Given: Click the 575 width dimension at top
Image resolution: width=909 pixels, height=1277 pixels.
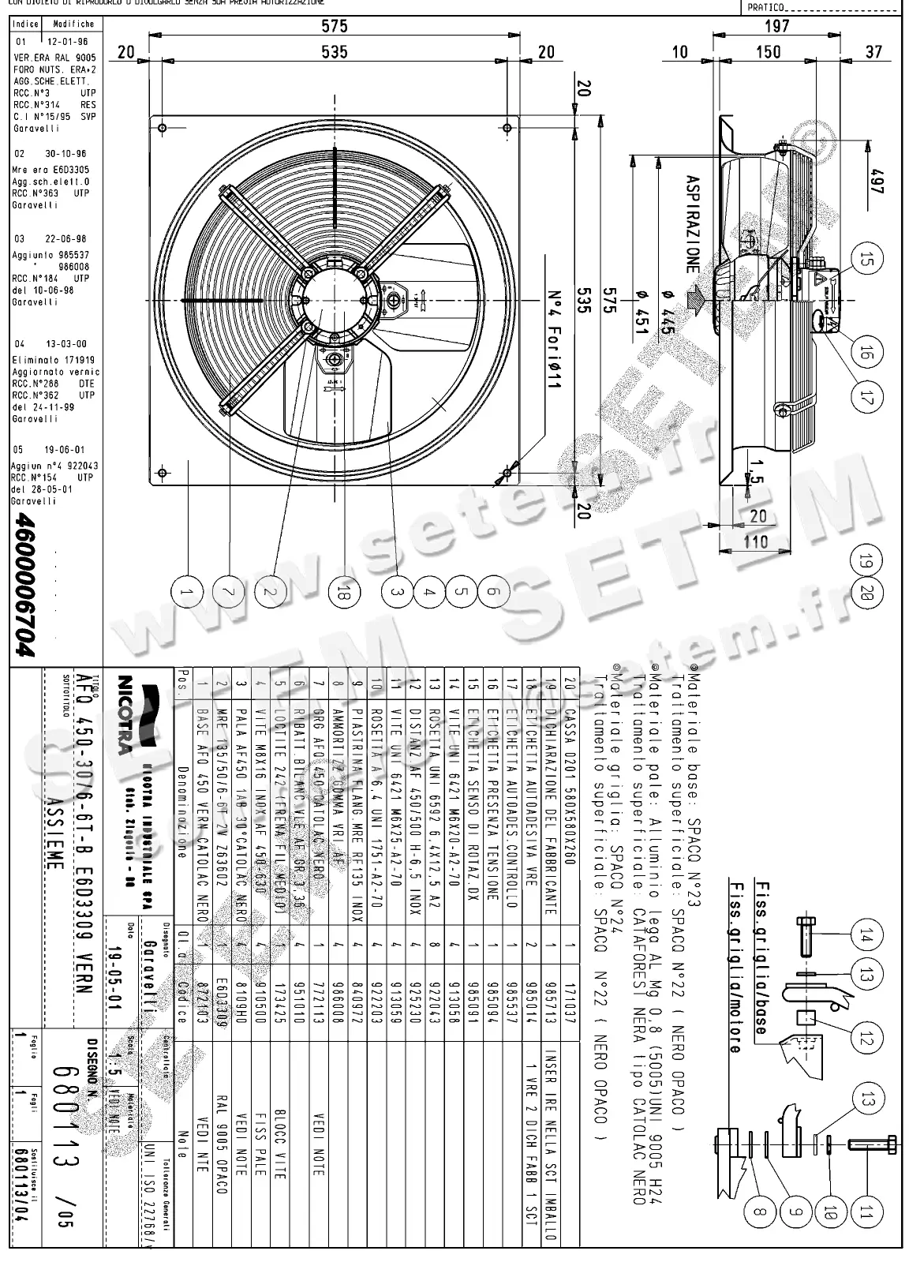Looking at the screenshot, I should [334, 26].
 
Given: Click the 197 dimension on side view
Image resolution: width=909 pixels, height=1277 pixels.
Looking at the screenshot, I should [776, 26].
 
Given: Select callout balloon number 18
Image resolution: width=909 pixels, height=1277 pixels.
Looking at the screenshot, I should [344, 591].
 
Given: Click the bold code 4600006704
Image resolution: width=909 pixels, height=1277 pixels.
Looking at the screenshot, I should [25, 585].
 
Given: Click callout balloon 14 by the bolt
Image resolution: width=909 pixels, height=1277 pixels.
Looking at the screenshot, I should [866, 937].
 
